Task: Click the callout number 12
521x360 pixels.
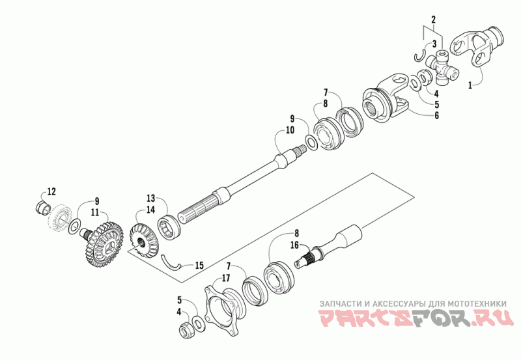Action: coord(51,191)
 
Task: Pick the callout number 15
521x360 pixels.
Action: coord(199,266)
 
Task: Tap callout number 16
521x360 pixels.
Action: coord(294,245)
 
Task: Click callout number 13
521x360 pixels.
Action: coord(150,198)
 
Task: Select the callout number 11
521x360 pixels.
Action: coord(95,212)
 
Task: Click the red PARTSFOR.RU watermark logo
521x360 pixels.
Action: coord(417,320)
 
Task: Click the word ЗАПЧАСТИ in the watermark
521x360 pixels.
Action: coord(340,303)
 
